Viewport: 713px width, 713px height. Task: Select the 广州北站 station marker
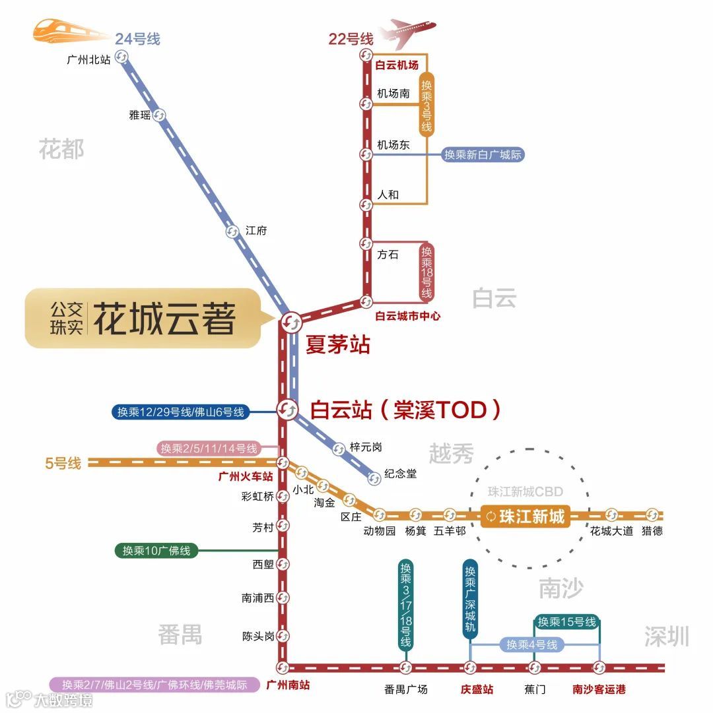coord(121,57)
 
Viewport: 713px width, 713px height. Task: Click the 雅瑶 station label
coord(139,115)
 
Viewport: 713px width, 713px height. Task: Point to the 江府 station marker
coord(232,232)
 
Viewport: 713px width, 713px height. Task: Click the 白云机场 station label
coord(397,65)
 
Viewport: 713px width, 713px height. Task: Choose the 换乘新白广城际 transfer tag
coord(483,155)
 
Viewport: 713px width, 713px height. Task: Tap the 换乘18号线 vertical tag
coord(426,272)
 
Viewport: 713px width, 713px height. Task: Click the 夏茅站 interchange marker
coord(291,322)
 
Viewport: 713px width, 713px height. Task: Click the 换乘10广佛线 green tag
coord(156,550)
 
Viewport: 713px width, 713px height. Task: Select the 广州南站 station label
coord(287,685)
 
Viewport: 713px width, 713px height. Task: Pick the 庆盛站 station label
coord(477,689)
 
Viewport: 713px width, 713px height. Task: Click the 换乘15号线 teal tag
coord(566,621)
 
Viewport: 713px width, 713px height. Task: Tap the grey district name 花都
coord(61,149)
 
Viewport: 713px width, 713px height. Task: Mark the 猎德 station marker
coord(652,515)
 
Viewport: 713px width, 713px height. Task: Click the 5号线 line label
coord(63,463)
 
